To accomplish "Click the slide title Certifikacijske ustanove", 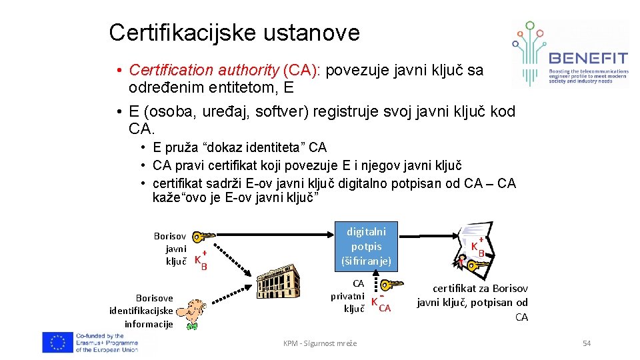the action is [x=234, y=32].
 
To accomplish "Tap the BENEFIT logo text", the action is [x=588, y=58].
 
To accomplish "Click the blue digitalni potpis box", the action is [x=366, y=246].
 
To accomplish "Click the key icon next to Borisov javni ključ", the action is [x=203, y=237].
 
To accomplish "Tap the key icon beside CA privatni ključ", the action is [x=389, y=285].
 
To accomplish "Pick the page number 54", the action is [x=587, y=343].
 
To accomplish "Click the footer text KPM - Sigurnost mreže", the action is [x=320, y=343].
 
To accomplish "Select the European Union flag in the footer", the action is [x=57, y=343].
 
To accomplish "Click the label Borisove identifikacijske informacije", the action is [x=141, y=311].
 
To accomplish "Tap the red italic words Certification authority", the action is [x=204, y=70].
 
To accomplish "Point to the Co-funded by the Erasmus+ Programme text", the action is [x=107, y=343].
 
